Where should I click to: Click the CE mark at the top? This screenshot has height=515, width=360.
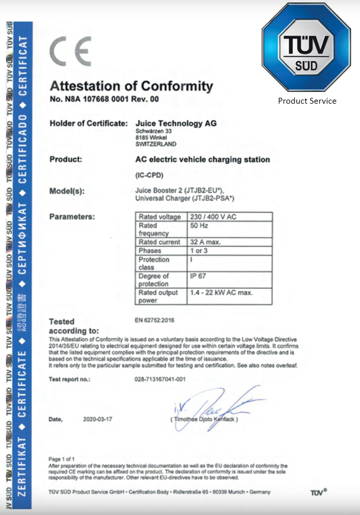click(x=70, y=52)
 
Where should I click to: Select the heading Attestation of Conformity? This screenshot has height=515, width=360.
click(x=131, y=86)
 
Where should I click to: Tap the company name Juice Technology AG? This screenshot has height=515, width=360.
click(x=176, y=123)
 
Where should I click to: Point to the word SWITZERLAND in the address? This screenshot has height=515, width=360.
click(x=156, y=144)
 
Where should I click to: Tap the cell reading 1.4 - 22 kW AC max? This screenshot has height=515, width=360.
click(x=221, y=293)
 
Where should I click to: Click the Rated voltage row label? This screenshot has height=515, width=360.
click(x=159, y=217)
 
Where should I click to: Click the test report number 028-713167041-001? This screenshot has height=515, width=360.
click(x=160, y=379)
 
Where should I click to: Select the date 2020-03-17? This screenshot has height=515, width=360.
click(x=97, y=419)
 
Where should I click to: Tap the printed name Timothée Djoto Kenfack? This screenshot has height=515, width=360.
click(x=205, y=420)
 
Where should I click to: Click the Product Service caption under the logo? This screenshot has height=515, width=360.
click(x=307, y=101)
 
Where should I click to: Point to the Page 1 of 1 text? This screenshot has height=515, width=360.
click(x=62, y=459)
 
